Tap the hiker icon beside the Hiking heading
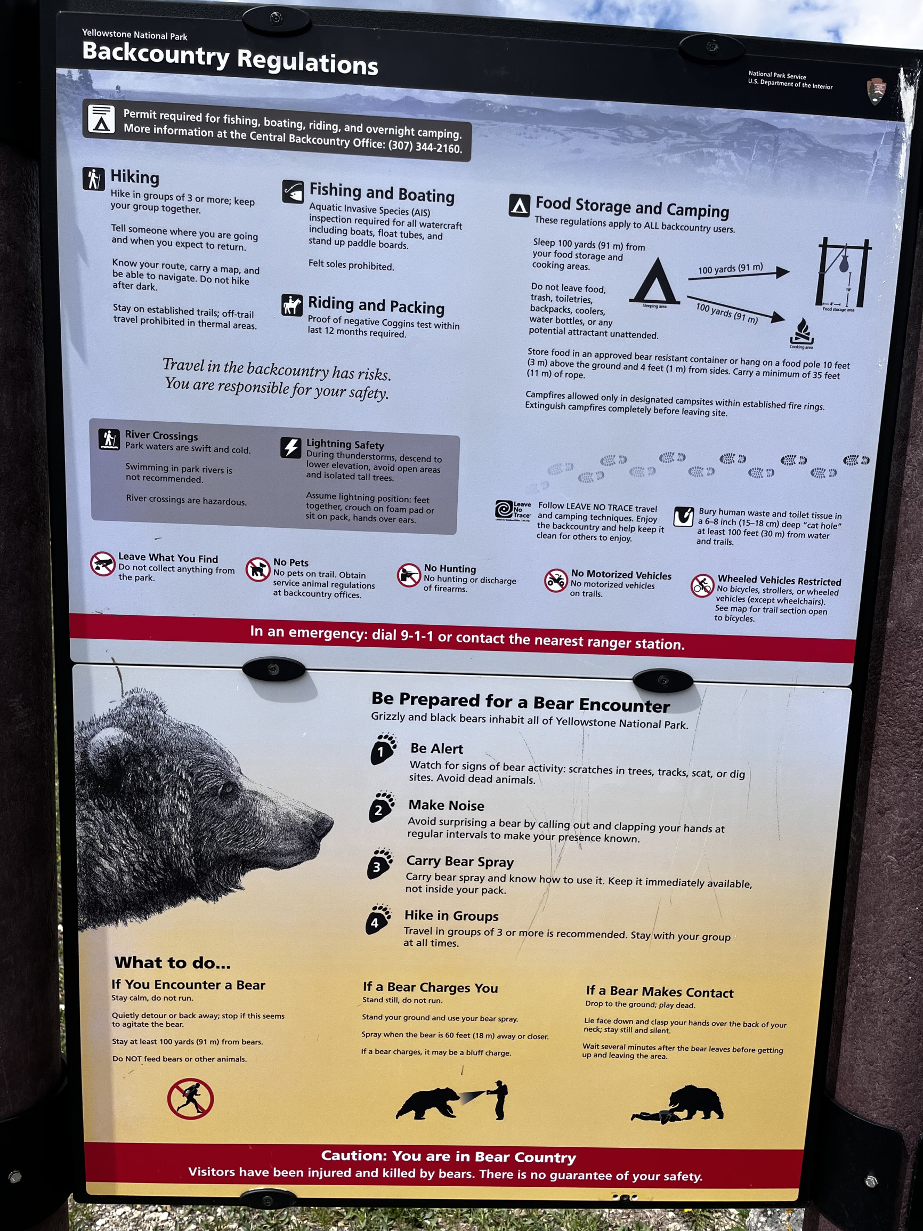(x=93, y=179)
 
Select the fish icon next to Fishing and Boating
(x=293, y=192)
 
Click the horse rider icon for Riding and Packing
(x=292, y=305)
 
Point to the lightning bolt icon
(x=290, y=447)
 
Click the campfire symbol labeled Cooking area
(x=801, y=332)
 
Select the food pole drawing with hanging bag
(x=843, y=272)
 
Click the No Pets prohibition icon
(x=257, y=569)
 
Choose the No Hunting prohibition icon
(x=408, y=575)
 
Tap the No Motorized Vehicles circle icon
(x=555, y=581)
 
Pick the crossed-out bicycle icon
(x=702, y=585)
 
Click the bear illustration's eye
(x=227, y=788)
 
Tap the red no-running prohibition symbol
(x=190, y=1099)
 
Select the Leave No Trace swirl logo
(x=504, y=509)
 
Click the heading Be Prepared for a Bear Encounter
(x=521, y=702)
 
